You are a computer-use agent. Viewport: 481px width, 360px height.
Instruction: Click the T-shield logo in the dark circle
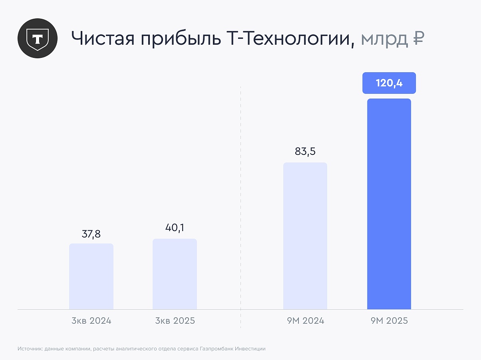coord(38,39)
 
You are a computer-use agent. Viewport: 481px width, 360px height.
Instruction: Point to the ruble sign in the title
coord(418,39)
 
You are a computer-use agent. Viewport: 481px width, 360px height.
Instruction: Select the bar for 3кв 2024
coord(91,276)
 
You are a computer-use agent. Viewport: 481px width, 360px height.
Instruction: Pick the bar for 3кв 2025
coord(175,274)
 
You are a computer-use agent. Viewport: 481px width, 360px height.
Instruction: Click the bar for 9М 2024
coord(305,235)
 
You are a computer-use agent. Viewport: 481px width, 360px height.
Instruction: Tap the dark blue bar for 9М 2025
coord(389,204)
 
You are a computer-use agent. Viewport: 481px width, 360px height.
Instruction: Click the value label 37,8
coord(91,234)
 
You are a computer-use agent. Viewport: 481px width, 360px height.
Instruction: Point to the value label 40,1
coord(175,229)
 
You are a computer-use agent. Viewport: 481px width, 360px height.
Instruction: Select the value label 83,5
coord(305,152)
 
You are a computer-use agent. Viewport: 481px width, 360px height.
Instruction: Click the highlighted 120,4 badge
coord(389,83)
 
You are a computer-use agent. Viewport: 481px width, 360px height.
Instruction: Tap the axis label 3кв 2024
coord(91,321)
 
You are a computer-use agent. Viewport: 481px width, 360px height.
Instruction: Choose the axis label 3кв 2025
coord(175,321)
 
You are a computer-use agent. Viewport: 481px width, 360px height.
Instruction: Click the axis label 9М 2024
coord(305,321)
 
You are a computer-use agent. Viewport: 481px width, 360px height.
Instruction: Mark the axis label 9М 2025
coord(389,321)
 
